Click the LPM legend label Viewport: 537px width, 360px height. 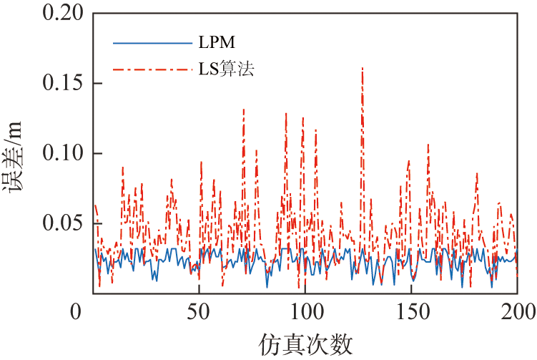pos(213,42)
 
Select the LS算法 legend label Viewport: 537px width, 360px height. pos(227,69)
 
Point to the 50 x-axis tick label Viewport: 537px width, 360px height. pos(198,312)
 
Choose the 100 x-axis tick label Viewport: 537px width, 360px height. pos(305,312)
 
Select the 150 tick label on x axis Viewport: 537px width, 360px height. pos(410,312)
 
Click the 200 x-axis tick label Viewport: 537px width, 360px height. pos(516,312)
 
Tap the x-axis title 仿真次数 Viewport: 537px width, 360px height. pos(305,344)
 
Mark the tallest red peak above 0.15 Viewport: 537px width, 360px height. pos(363,68)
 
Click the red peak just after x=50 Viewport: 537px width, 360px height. pos(201,162)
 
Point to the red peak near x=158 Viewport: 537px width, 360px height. pos(428,145)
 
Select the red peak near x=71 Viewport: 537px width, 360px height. pos(244,110)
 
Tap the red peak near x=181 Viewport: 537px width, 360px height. pos(477,172)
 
